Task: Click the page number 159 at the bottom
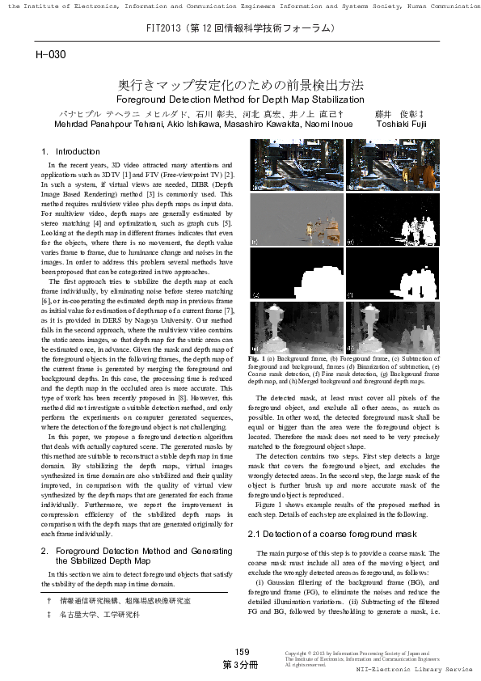tap(242, 652)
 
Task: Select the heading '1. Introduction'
tap(71, 151)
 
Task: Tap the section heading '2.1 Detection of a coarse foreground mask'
tap(331, 535)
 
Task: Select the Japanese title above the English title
tap(241, 84)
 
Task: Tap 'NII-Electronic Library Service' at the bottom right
tap(414, 670)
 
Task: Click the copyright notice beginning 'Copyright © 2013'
tap(357, 651)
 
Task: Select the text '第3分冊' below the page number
tap(241, 664)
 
